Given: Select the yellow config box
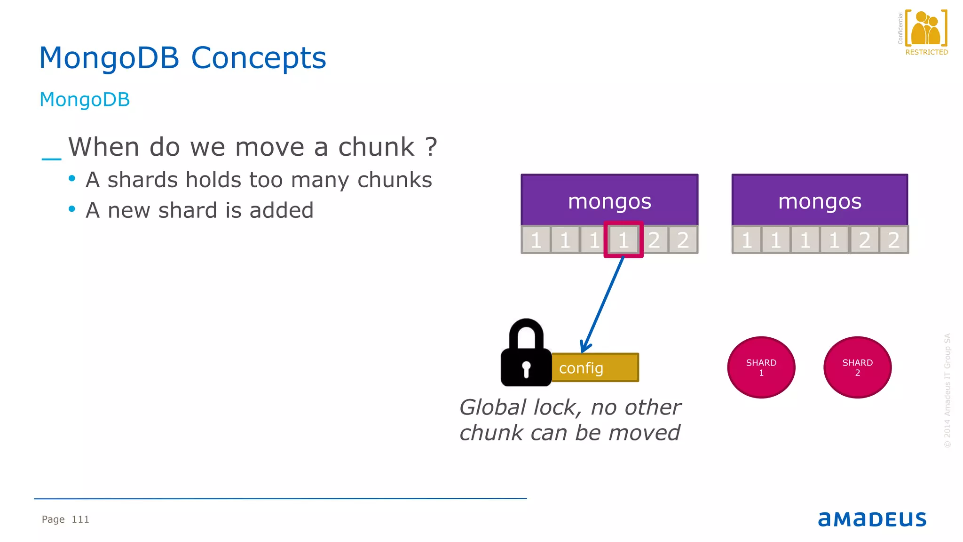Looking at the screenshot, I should pos(595,367).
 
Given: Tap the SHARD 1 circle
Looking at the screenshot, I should pos(761,367).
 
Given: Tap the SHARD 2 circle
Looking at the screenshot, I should pos(857,367).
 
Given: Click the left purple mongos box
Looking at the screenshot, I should pos(609,200).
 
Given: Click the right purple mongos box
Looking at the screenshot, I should pos(820,200).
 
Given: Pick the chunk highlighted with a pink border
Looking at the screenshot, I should pos(624,240).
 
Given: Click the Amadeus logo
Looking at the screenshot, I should pos(872,519).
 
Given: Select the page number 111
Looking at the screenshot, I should pos(80,519).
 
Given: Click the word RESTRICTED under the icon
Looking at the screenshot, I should pos(926,52).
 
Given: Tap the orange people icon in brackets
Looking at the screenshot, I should pos(925,29).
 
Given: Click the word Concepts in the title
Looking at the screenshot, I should pos(258,58).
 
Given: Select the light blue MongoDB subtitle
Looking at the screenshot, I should pos(85,100).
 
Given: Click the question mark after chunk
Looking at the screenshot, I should pos(431,147).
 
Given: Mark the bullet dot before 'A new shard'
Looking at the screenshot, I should pos(72,209).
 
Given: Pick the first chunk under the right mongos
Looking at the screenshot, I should pos(746,240).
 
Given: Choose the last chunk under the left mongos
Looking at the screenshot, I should pos(683,240).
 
